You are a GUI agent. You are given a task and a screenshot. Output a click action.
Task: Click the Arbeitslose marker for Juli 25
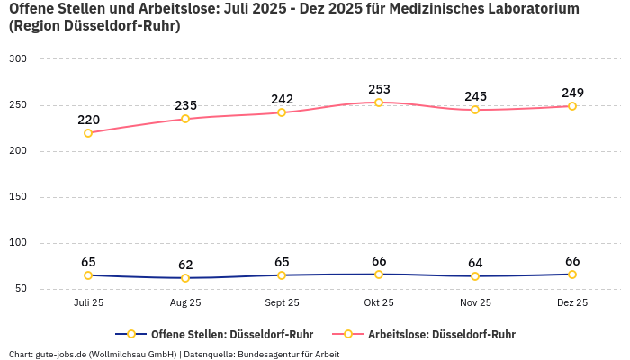(88, 133)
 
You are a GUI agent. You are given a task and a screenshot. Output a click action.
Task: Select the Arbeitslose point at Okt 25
(379, 103)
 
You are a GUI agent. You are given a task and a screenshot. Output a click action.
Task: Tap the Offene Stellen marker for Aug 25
(185, 278)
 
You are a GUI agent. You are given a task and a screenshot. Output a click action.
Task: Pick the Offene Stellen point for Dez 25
(572, 274)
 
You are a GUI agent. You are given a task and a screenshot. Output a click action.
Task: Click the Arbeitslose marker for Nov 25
(475, 110)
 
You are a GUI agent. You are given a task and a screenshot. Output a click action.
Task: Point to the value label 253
(379, 89)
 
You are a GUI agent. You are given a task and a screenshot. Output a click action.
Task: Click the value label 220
(88, 120)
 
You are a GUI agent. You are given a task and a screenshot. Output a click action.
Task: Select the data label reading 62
(185, 265)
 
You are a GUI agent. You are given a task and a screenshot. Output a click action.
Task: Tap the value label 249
(572, 93)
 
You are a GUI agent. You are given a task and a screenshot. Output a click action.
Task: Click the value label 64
(475, 263)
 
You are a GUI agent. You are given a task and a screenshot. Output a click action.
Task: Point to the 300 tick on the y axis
(18, 58)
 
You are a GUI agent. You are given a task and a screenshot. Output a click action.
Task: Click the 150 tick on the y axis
(18, 196)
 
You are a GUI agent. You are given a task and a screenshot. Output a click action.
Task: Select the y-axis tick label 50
(21, 289)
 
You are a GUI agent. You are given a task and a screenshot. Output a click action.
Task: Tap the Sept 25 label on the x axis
(282, 303)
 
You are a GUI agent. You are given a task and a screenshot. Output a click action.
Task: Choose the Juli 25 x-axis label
(88, 303)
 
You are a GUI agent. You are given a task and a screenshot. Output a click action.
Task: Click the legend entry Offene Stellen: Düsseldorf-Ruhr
(231, 334)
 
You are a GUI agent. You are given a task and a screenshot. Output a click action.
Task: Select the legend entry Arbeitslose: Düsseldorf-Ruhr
(441, 334)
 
